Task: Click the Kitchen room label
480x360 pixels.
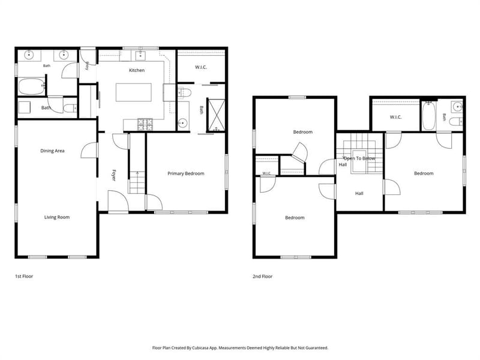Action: [x=137, y=70]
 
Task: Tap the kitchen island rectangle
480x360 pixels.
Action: [x=133, y=92]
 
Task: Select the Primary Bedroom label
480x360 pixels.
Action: [x=186, y=173]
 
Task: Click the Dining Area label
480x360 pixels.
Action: [x=52, y=151]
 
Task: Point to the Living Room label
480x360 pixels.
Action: [x=57, y=217]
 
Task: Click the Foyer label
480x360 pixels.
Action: [x=113, y=175]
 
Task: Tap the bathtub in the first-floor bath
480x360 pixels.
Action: [x=32, y=86]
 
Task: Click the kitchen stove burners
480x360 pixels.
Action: [x=145, y=124]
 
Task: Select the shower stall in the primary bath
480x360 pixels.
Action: [x=216, y=115]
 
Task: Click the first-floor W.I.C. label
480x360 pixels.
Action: [x=201, y=67]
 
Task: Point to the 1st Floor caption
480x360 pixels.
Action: [x=24, y=277]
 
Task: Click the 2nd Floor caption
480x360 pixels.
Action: [x=262, y=277]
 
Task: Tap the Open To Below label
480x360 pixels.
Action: [x=359, y=158]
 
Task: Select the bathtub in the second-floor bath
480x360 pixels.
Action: [x=428, y=116]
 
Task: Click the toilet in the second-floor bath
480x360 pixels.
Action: [x=456, y=122]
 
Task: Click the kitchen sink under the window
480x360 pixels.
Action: [x=140, y=55]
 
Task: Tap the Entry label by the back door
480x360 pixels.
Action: [x=87, y=66]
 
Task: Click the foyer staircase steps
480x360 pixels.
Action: [x=137, y=182]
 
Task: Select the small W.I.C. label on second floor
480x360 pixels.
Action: [x=266, y=173]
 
